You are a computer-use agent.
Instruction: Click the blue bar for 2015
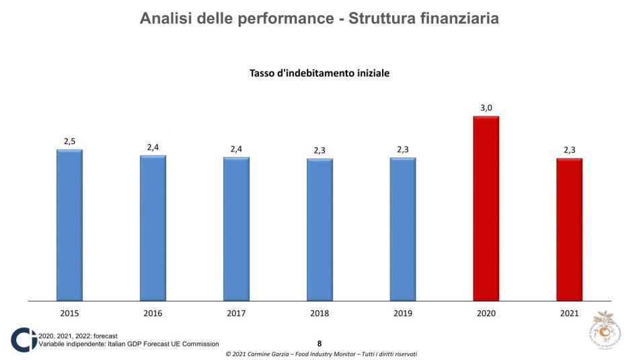[69, 225]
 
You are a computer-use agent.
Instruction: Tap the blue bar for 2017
[236, 229]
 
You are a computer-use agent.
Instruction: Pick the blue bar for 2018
[319, 229]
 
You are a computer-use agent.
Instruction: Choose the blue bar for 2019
[403, 229]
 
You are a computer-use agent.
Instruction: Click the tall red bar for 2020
[486, 208]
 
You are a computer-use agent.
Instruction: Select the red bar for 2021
[569, 229]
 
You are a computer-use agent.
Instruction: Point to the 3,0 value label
[486, 108]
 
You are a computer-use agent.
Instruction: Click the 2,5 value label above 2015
[69, 141]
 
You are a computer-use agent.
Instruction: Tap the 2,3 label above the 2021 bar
[569, 149]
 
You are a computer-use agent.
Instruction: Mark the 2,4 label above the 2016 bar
[153, 147]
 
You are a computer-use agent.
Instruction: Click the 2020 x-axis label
[486, 313]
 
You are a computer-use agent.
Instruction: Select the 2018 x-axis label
[319, 313]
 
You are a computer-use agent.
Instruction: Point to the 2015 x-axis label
[69, 313]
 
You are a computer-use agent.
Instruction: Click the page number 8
[319, 343]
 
